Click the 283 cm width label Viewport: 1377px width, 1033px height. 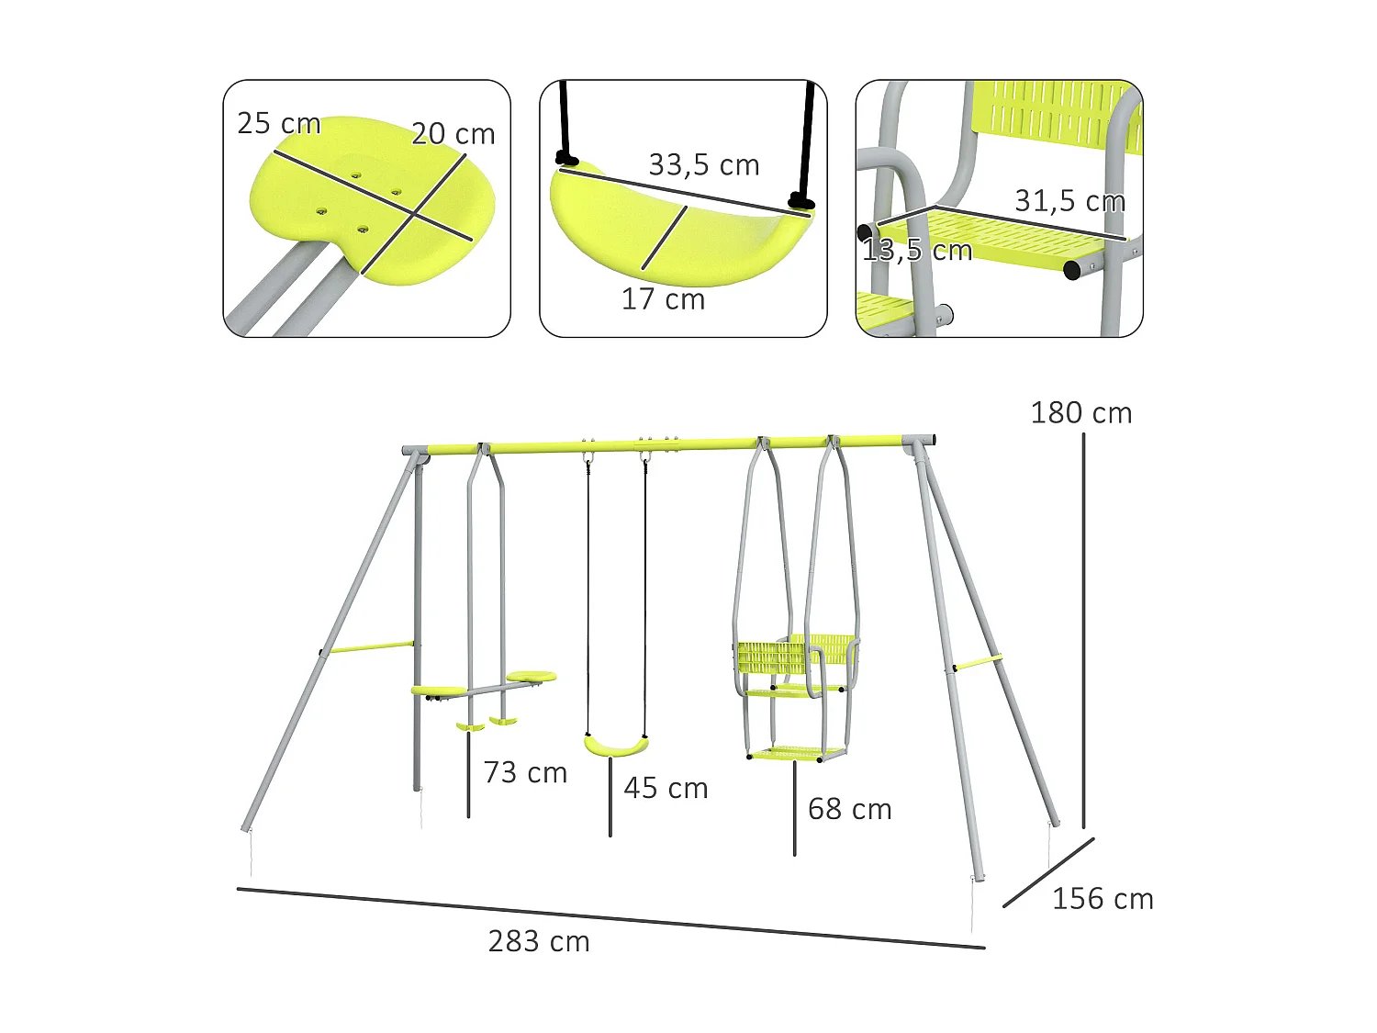pos(539,941)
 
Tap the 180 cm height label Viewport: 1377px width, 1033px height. pos(1080,413)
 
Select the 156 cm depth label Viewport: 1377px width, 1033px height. pos(1103,899)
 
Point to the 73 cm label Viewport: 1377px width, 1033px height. pos(525,772)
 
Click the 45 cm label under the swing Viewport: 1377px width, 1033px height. pos(666,788)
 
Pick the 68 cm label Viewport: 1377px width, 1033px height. pos(849,809)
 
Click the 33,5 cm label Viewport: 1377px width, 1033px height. pos(704,165)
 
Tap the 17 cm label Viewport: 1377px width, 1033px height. pos(663,299)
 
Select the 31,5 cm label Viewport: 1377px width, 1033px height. pos(1069,201)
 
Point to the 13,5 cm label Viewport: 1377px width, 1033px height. pos(916,250)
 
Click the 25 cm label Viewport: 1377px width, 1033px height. pos(278,123)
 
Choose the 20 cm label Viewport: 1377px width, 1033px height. pos(453,134)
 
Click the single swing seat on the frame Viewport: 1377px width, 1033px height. pos(615,746)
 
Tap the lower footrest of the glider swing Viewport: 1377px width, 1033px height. pos(796,754)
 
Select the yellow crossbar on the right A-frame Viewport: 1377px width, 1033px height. pos(978,662)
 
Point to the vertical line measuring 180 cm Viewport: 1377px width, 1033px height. pos(1083,634)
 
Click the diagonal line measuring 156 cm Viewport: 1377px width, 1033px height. pos(1047,872)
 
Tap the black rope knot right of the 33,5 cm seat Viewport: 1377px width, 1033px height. pos(800,201)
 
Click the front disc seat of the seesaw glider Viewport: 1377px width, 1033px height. pos(440,691)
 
